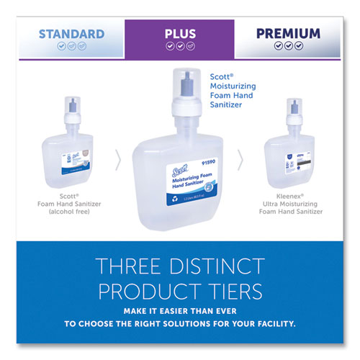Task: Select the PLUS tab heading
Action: point(179,32)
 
